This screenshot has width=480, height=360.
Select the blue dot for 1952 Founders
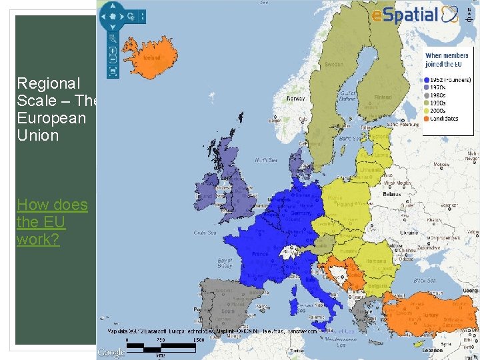426,80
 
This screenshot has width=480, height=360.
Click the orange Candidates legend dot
426,119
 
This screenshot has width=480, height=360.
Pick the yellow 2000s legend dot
426,111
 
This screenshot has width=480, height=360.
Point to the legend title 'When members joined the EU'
443,60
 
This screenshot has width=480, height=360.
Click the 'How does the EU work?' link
52,221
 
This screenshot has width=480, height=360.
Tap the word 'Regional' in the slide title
49,83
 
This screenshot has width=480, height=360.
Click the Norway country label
295,99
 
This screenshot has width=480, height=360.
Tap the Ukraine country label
409,232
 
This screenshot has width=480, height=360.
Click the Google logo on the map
111,353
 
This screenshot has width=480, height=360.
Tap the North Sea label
265,160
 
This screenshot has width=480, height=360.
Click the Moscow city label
441,163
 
